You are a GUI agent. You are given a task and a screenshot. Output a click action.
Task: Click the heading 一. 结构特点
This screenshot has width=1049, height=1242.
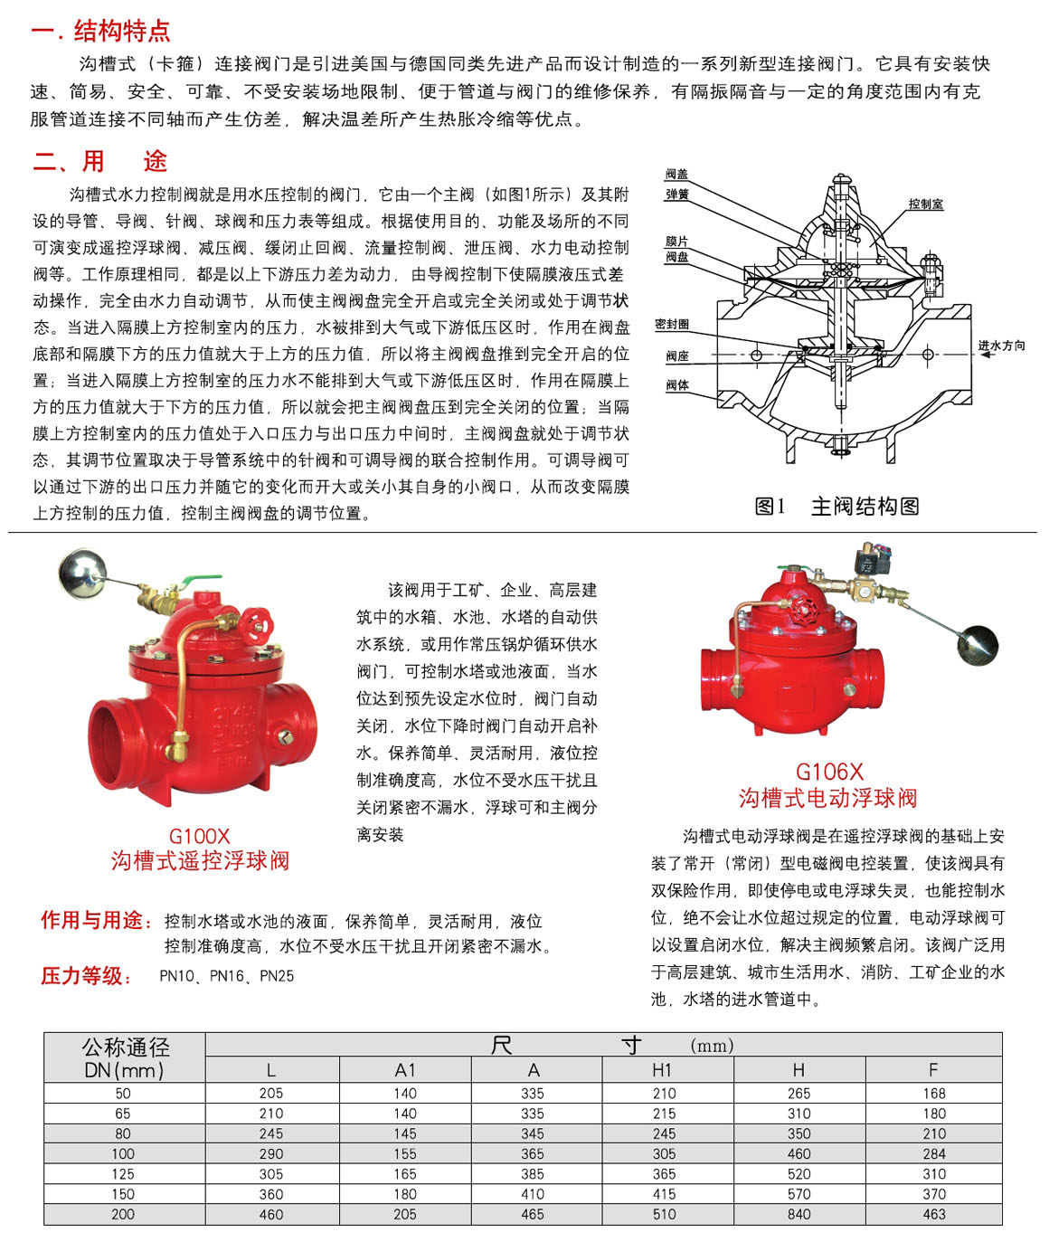tap(100, 31)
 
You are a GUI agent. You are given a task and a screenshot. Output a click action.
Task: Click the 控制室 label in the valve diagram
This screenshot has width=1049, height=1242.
tap(926, 204)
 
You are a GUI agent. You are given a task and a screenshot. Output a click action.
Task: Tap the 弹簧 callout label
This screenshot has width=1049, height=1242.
tap(677, 194)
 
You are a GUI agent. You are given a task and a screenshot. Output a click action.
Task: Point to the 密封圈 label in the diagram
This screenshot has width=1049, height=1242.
tap(672, 324)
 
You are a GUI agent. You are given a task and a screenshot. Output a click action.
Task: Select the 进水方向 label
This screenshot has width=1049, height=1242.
tap(1001, 346)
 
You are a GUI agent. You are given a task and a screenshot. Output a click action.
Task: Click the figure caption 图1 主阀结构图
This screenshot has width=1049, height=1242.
tap(836, 507)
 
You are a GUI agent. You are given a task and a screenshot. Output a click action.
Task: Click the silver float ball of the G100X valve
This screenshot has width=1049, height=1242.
tap(82, 573)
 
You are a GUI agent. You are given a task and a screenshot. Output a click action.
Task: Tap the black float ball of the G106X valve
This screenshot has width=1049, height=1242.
tap(976, 645)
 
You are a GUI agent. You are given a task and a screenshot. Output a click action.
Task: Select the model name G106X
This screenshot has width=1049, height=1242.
tap(829, 772)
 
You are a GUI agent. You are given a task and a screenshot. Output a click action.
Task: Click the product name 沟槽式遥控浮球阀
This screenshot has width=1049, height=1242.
tap(200, 860)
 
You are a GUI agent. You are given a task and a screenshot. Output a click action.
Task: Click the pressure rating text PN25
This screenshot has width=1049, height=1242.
tap(277, 976)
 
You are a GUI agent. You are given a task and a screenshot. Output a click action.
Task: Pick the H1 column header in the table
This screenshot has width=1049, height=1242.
tap(663, 1069)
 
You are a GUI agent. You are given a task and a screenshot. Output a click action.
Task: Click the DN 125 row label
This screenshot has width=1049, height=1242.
tap(123, 1174)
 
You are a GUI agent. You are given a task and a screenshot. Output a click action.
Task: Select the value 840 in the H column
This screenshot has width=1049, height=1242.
tap(799, 1214)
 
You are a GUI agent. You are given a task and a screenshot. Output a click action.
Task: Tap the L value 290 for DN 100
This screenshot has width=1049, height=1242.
tap(271, 1154)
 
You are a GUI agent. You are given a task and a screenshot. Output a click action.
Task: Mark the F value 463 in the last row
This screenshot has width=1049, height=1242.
tap(934, 1214)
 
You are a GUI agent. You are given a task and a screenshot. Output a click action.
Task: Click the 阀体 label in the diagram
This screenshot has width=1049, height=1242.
tap(677, 385)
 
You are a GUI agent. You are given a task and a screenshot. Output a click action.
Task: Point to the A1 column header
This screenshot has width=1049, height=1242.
tap(405, 1069)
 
